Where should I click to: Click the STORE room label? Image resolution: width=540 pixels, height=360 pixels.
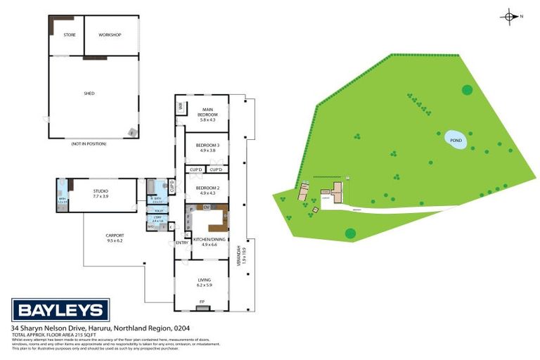69,34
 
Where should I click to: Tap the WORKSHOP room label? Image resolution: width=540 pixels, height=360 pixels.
110,34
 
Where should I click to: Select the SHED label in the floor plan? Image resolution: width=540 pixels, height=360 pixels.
89,93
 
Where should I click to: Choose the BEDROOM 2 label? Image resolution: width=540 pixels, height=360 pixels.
207,188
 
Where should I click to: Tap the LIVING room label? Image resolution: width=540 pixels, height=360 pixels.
204,280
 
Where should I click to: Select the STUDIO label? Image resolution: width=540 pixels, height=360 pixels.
101,191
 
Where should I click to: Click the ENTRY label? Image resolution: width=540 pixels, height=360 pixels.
181,243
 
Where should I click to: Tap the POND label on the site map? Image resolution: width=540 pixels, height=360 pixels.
456,140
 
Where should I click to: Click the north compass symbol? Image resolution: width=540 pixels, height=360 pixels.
510,16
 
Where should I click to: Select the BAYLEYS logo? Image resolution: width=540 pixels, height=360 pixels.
60,310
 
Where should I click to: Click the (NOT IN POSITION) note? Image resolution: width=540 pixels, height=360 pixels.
89,143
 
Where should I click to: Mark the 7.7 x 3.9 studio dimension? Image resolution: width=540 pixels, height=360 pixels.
101,197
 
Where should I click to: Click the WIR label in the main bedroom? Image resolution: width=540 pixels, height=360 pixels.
181,107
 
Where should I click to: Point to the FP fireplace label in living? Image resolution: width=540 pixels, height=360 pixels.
202,302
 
